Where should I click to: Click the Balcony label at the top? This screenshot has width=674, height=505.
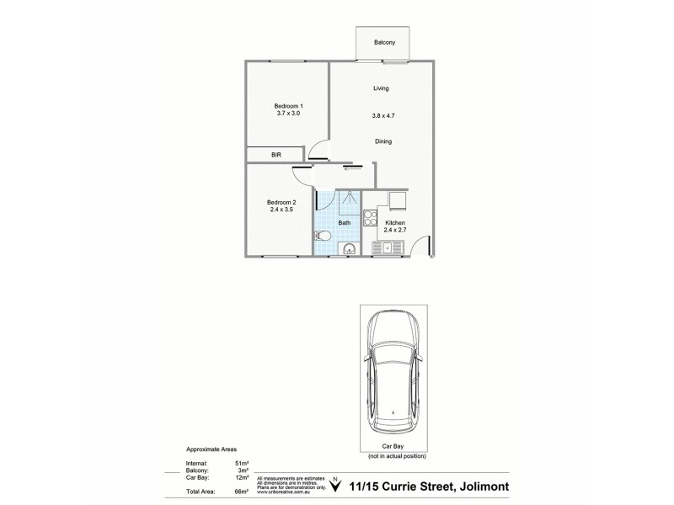(x=385, y=43)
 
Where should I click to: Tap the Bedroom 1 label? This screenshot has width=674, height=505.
(x=287, y=105)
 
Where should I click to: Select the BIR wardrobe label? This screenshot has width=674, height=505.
(x=275, y=156)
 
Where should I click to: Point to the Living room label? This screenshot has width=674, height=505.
(x=381, y=88)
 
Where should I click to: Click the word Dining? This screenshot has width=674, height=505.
(x=382, y=141)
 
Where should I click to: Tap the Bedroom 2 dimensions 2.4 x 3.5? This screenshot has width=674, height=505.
(x=281, y=210)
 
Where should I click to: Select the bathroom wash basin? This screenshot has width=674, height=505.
(x=348, y=248)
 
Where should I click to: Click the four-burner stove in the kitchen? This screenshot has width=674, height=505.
(x=370, y=217)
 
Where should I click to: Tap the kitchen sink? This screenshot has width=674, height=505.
(x=388, y=247)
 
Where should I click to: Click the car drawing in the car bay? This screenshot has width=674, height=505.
(x=394, y=367)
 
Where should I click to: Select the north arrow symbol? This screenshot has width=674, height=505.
(x=336, y=483)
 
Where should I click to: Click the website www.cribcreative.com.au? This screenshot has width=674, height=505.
(x=286, y=491)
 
